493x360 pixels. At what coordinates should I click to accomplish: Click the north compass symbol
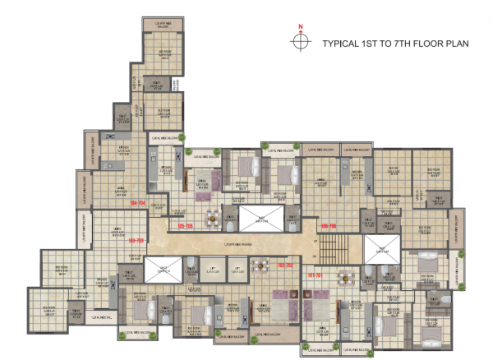pyautogui.click(x=301, y=41)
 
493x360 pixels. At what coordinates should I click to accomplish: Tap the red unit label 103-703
pyautogui.click(x=137, y=240)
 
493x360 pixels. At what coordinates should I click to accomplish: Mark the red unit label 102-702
pyautogui.click(x=285, y=265)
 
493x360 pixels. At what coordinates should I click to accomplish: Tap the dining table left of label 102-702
pyautogui.click(x=261, y=265)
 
